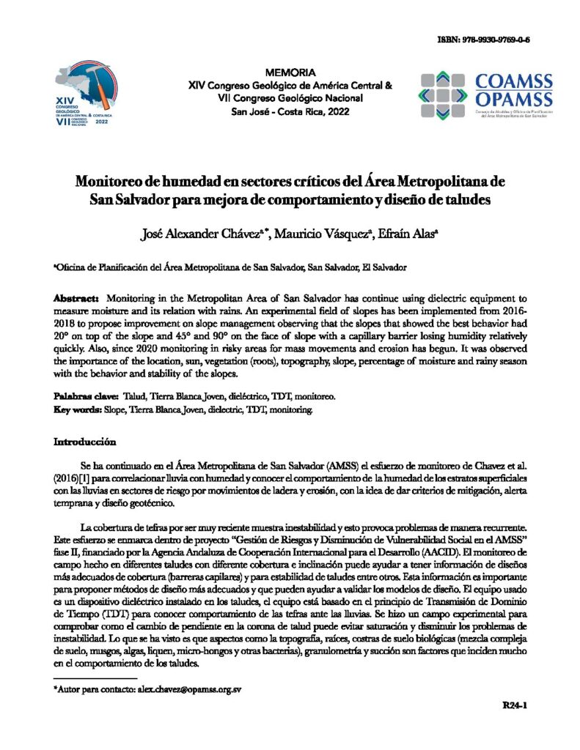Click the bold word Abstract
click(77, 300)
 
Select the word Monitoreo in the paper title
click(121, 181)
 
